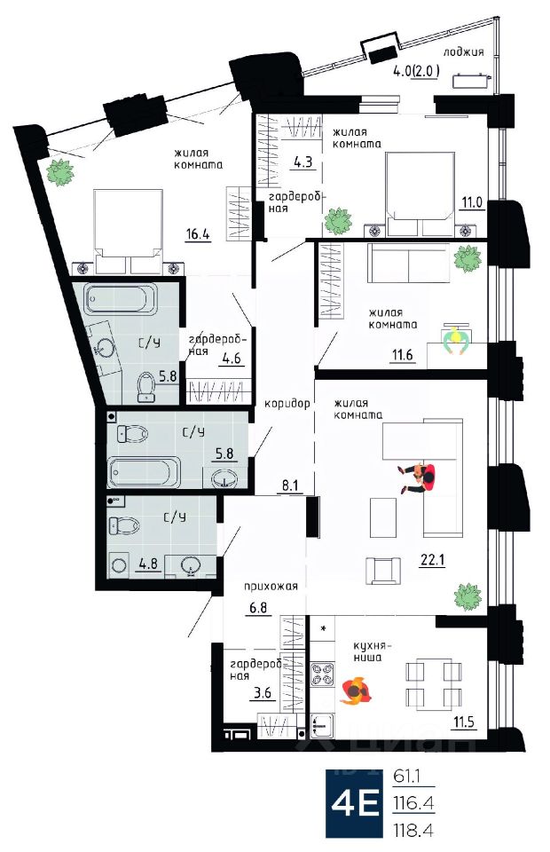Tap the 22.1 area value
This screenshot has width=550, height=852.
(x=432, y=560)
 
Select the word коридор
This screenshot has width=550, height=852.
(x=287, y=405)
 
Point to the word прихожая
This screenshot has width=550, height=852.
(x=271, y=587)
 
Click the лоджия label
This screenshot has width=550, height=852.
(x=463, y=52)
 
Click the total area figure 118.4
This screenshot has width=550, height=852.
(x=414, y=830)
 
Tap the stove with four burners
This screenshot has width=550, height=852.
(x=322, y=674)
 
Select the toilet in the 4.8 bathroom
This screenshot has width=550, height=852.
(x=124, y=525)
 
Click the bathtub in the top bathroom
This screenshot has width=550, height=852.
(x=121, y=299)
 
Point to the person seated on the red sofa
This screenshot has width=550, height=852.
(x=418, y=477)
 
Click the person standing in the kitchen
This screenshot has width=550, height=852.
(x=356, y=690)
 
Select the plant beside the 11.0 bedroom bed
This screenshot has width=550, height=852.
(x=338, y=221)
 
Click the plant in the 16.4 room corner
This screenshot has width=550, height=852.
(x=59, y=172)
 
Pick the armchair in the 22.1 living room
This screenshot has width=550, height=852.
(x=383, y=571)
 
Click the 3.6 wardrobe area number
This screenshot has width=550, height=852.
(x=263, y=693)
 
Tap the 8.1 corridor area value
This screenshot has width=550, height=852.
(x=290, y=485)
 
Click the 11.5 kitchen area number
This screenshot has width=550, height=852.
(x=464, y=722)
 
